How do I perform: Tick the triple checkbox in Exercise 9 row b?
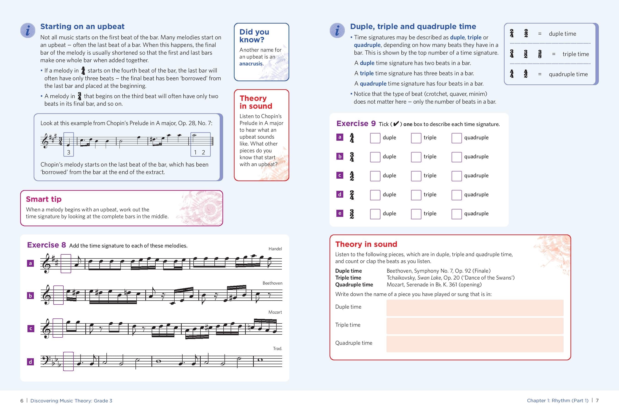pyautogui.click(x=416, y=157)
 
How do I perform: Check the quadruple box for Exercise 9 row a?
pyautogui.click(x=456, y=138)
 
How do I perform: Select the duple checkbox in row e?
pyautogui.click(x=375, y=214)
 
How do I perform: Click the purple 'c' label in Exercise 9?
pyautogui.click(x=340, y=175)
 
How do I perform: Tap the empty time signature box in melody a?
pyautogui.click(x=66, y=264)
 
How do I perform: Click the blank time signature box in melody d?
pyautogui.click(x=68, y=361)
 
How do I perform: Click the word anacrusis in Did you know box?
pyautogui.click(x=251, y=64)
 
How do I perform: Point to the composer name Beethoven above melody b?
pyautogui.click(x=272, y=283)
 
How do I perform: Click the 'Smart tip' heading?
pyautogui.click(x=44, y=199)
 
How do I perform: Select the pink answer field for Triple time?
pyautogui.click(x=475, y=326)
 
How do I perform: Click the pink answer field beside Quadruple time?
pyautogui.click(x=475, y=344)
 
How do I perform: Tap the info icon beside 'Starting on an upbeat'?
pyautogui.click(x=28, y=30)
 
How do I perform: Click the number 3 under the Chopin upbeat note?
pyautogui.click(x=69, y=152)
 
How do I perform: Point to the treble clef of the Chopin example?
pyautogui.click(x=45, y=141)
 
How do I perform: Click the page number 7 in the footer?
pyautogui.click(x=597, y=400)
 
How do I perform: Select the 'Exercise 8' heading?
pyautogui.click(x=46, y=245)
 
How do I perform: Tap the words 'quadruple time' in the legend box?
pyautogui.click(x=568, y=74)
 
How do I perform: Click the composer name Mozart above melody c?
pyautogui.click(x=275, y=312)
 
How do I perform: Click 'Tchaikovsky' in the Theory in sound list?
pyautogui.click(x=400, y=278)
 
